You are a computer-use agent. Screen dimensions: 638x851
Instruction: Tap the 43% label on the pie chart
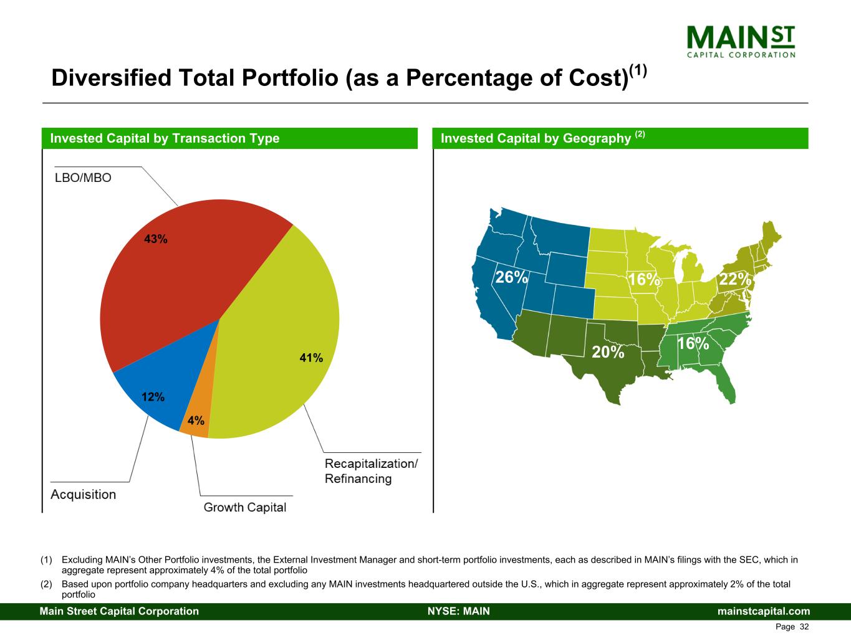click(x=156, y=239)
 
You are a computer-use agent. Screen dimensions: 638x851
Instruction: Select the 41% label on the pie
click(x=311, y=358)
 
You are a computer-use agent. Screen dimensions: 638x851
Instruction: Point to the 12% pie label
click(x=153, y=397)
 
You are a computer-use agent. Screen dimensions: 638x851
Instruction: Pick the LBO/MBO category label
click(x=83, y=178)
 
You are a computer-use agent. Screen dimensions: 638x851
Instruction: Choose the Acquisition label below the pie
click(x=83, y=495)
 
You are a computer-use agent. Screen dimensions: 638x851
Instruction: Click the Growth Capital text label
click(x=245, y=507)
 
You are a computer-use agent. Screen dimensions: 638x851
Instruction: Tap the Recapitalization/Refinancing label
click(x=371, y=471)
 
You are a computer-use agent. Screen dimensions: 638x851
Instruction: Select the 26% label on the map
click(x=511, y=277)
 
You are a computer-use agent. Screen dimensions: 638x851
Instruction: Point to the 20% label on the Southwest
click(x=608, y=352)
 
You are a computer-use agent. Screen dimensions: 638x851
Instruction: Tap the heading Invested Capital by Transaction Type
click(x=165, y=138)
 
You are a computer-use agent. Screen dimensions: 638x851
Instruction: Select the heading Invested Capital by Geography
click(x=536, y=138)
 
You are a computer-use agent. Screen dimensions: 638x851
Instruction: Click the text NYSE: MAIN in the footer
click(x=459, y=611)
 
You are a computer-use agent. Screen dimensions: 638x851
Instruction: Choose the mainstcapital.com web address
click(x=764, y=611)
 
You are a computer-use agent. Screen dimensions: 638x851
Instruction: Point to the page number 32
click(x=804, y=627)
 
